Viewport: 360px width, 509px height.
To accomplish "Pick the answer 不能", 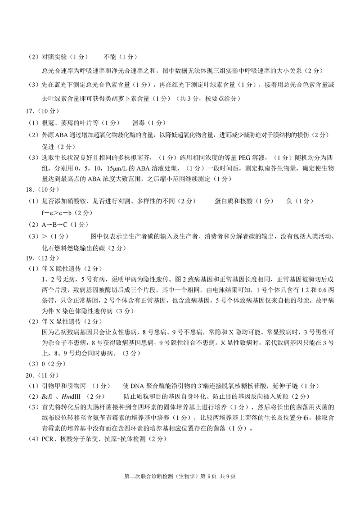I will pos(110,57).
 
